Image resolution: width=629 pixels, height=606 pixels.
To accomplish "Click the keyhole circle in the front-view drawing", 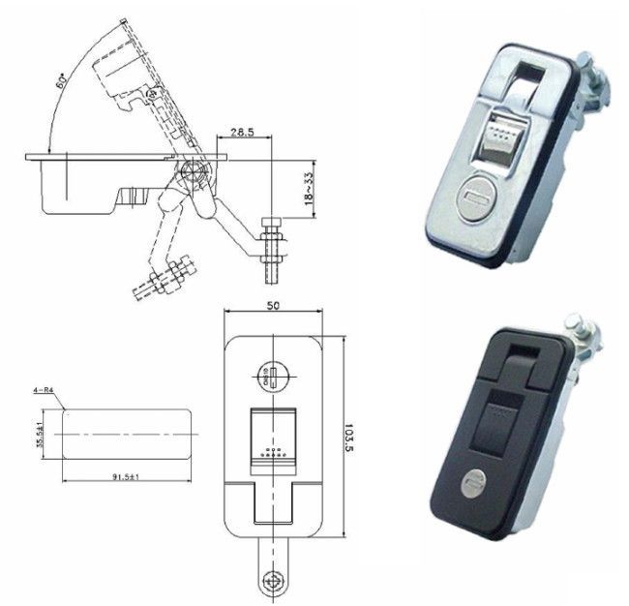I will coord(272,374).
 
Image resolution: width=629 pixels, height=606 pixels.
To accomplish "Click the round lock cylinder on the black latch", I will coord(471,481).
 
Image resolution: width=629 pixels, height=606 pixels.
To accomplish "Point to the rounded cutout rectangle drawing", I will coord(126,431).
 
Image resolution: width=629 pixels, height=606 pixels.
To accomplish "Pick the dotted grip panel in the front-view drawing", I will coord(274,441).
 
